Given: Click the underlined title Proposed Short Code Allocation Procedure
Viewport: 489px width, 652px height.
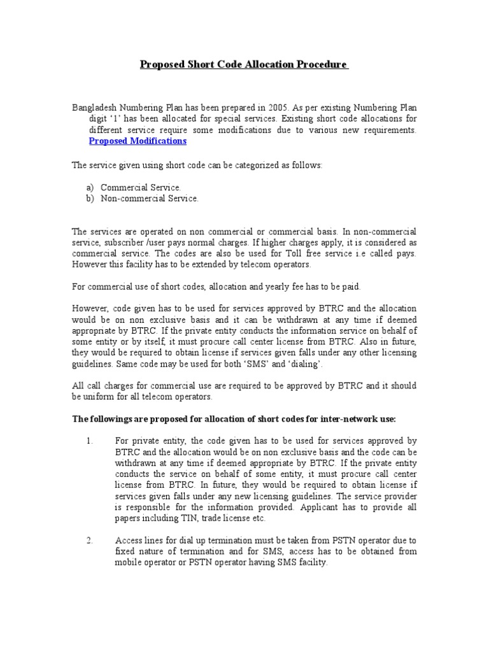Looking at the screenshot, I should pos(244,65).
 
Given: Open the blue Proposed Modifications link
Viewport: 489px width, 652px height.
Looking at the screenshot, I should pos(138,141).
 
